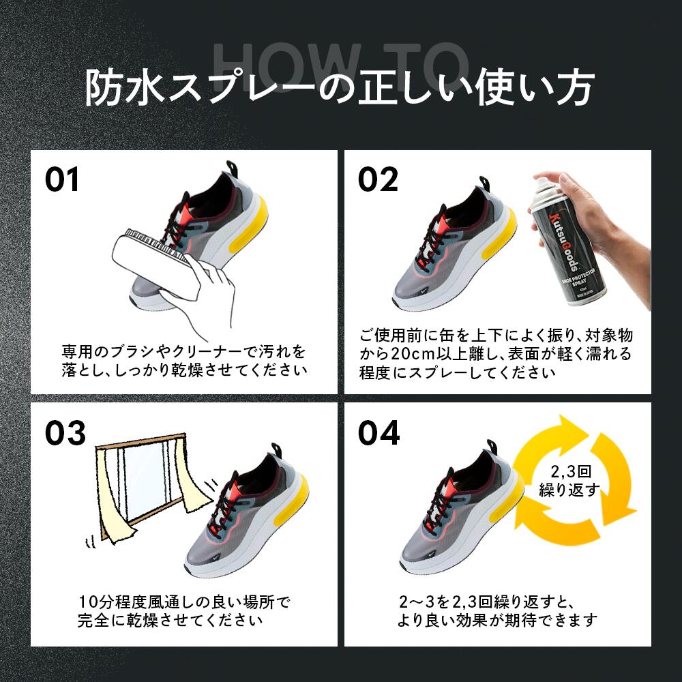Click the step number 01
tap(62, 179)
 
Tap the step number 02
tap(378, 179)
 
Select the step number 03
tap(65, 433)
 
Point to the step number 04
tap(379, 433)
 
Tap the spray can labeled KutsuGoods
tap(563, 252)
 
